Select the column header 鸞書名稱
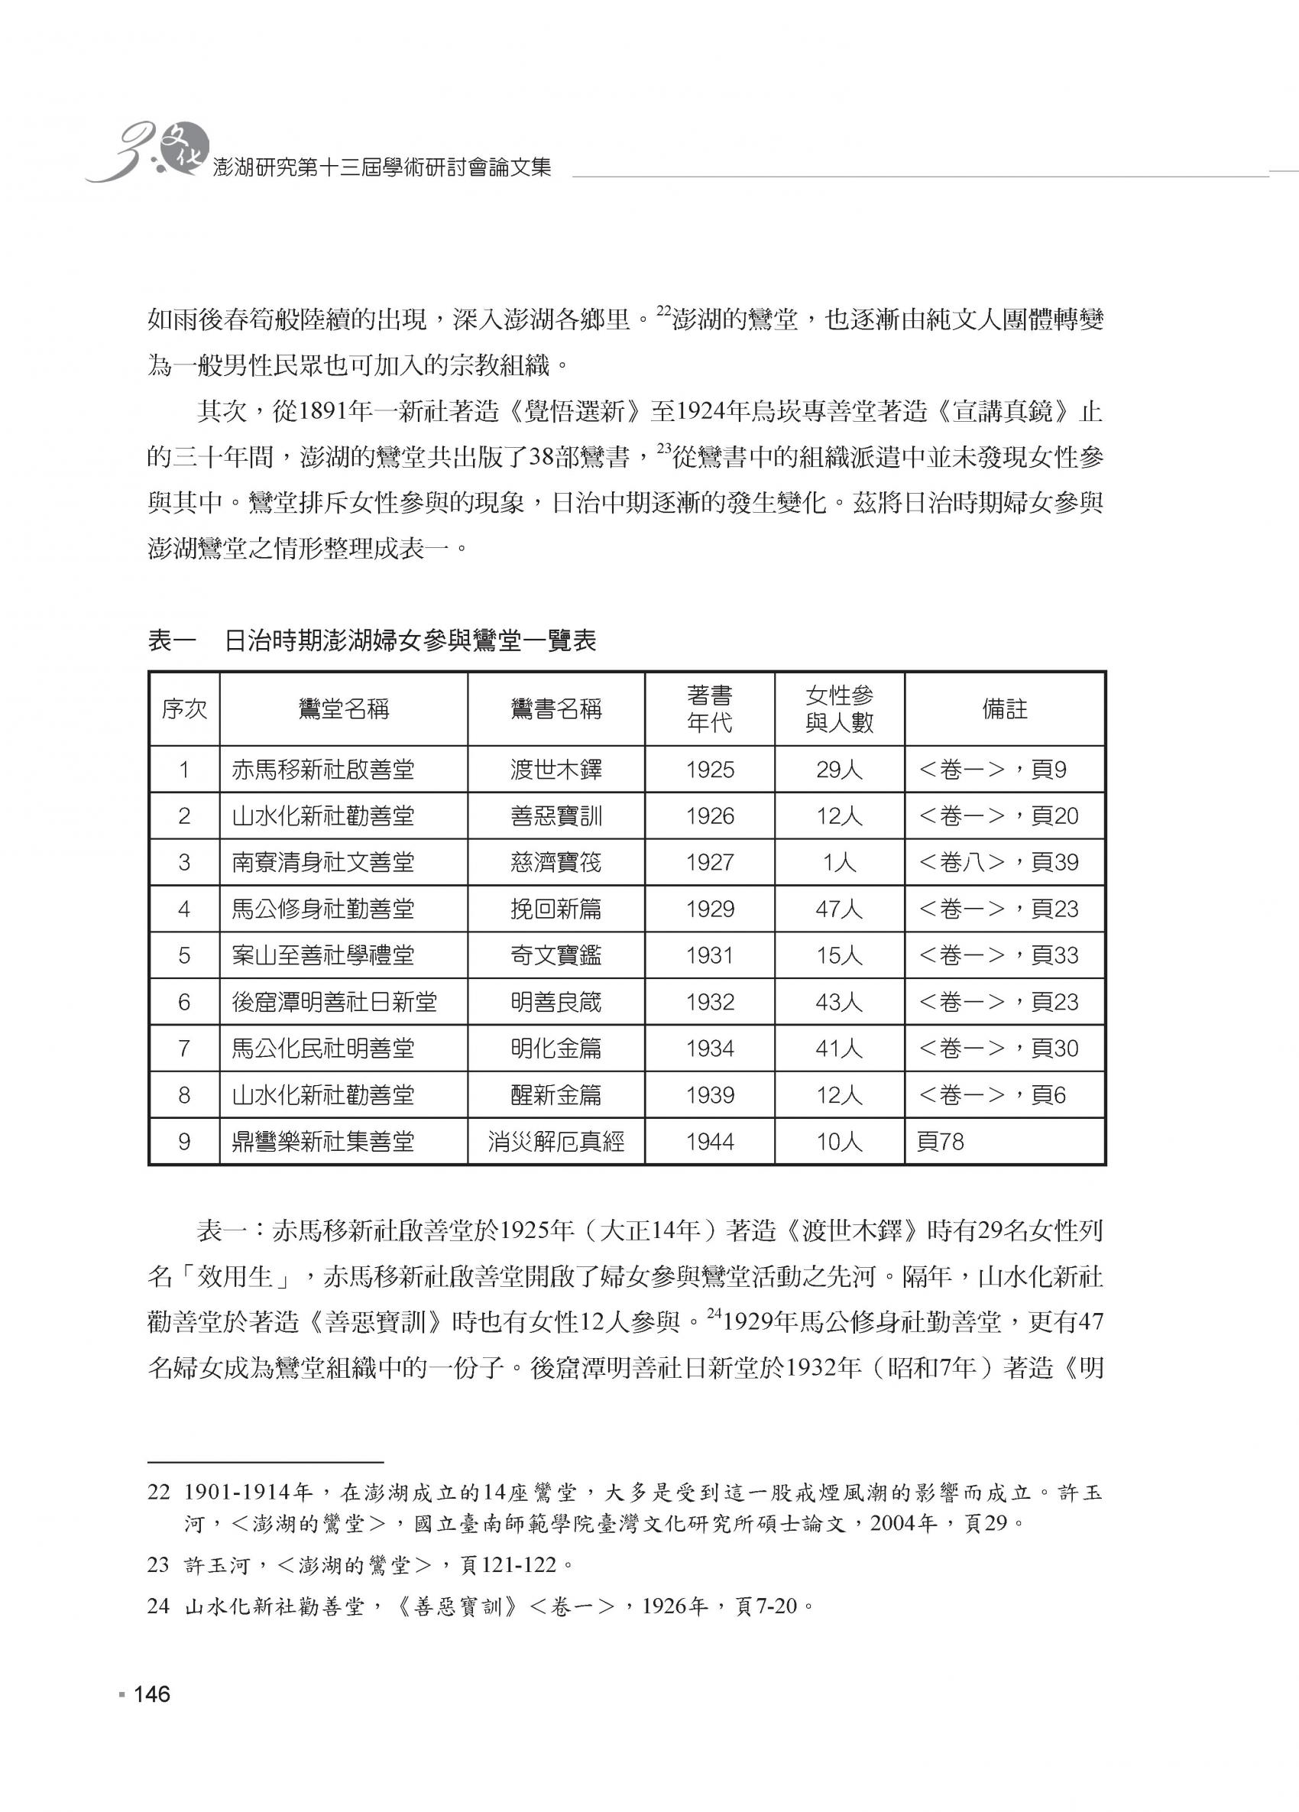click(x=556, y=709)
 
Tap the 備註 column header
click(x=1004, y=709)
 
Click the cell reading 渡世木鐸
click(x=556, y=770)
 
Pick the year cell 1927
click(x=709, y=862)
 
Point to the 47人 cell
click(x=839, y=909)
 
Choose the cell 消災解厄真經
click(x=556, y=1142)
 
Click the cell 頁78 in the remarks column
click(x=941, y=1142)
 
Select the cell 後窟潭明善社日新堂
click(x=335, y=1002)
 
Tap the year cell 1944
click(x=709, y=1142)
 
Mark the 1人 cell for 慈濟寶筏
click(x=839, y=862)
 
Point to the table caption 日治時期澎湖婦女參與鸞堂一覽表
click(x=410, y=641)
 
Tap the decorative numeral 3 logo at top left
click(x=120, y=152)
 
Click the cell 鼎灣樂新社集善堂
click(x=322, y=1142)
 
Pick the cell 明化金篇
click(x=556, y=1049)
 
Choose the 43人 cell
click(x=839, y=1002)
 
